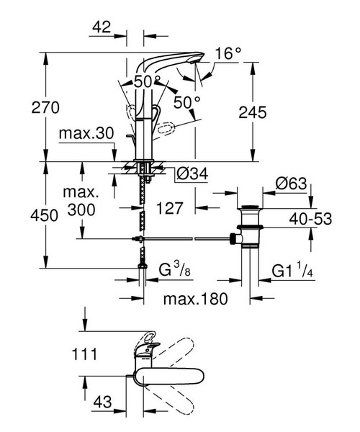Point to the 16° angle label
click(x=228, y=53)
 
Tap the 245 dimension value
click(x=251, y=113)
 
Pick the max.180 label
click(x=192, y=298)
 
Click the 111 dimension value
click(x=86, y=353)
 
